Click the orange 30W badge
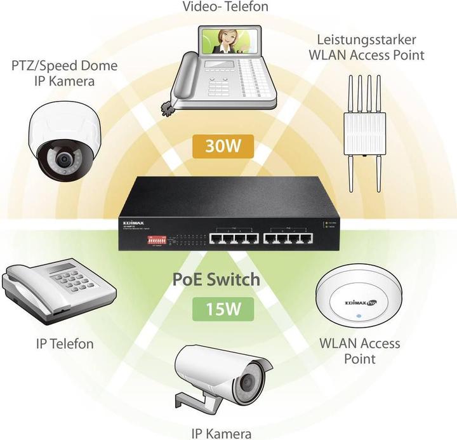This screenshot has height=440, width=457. point(222,147)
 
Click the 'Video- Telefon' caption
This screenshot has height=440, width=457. point(225,8)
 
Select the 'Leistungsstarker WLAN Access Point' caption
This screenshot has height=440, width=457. point(366,47)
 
